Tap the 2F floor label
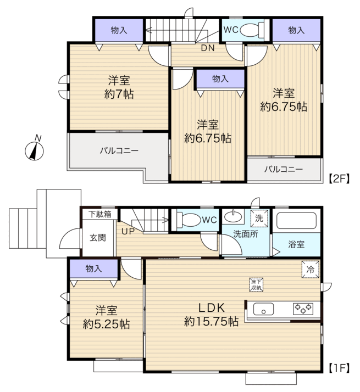[x=339, y=178]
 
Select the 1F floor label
[x=339, y=368]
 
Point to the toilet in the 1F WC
[x=189, y=220]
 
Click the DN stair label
[x=208, y=48]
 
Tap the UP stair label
[x=128, y=231]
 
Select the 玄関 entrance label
[x=98, y=238]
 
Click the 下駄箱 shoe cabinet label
[x=100, y=214]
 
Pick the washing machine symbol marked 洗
[x=259, y=219]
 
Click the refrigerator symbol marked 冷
[x=311, y=269]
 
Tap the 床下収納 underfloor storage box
[x=256, y=285]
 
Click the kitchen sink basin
[x=263, y=309]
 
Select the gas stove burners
[x=303, y=309]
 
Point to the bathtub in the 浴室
[x=296, y=221]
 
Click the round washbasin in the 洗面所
[x=233, y=216]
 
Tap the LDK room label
[x=212, y=308]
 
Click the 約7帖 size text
[x=119, y=94]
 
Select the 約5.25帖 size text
[x=106, y=324]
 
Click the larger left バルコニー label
[x=119, y=150]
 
